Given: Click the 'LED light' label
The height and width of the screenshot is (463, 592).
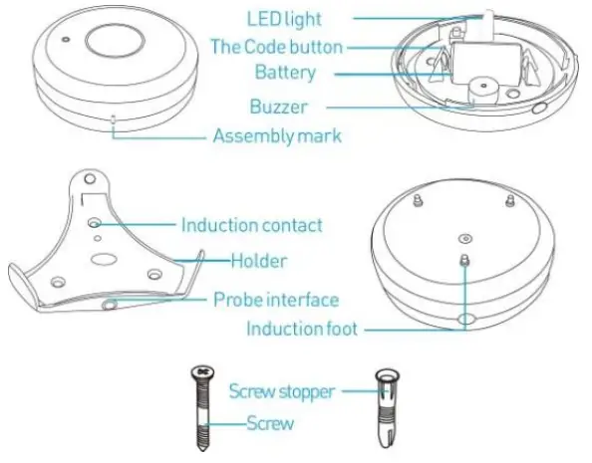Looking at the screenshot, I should coord(286,17).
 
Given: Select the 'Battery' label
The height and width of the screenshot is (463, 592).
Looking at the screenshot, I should coord(285,72).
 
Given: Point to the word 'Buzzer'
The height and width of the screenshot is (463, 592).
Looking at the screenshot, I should coord(280,105).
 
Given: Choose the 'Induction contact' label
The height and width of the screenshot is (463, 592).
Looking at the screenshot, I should coord(251,225).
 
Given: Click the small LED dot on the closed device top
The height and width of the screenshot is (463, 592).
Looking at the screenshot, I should coord(66,41).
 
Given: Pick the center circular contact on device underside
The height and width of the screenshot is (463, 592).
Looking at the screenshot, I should coord(465,238).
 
